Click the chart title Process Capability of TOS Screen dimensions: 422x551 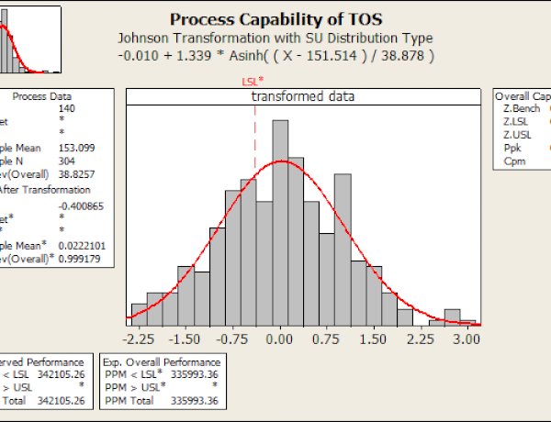pyautogui.click(x=275, y=20)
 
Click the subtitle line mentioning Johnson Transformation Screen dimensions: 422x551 pyautogui.click(x=275, y=39)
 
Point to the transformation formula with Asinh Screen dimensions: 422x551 pyautogui.click(x=275, y=56)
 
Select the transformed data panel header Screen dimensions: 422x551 pyautogui.click(x=303, y=95)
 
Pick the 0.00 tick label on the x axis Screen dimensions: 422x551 pyautogui.click(x=280, y=338)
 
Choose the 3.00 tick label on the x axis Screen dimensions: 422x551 pyautogui.click(x=467, y=338)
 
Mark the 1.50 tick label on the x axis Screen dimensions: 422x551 pyautogui.click(x=374, y=338)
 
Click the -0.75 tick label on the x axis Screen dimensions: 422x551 pyautogui.click(x=233, y=338)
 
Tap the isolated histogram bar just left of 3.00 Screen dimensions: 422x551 pyautogui.click(x=452, y=316)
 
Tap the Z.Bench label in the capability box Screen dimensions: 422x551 pyautogui.click(x=521, y=109)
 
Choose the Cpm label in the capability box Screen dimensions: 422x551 pyautogui.click(x=514, y=160)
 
